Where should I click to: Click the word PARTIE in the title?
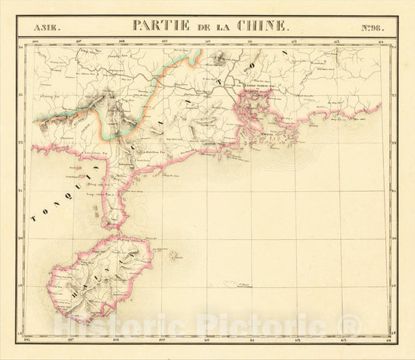[160, 26]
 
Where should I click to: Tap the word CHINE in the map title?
[261, 26]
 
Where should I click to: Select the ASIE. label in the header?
[46, 28]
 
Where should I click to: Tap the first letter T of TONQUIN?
[34, 221]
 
